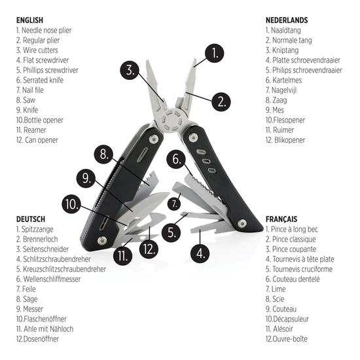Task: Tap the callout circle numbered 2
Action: pos(222,101)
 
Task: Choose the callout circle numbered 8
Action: pos(104,154)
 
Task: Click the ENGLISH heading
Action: pos(29,20)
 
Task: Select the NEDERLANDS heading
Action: pos(287,20)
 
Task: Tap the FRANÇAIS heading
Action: pos(282,219)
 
